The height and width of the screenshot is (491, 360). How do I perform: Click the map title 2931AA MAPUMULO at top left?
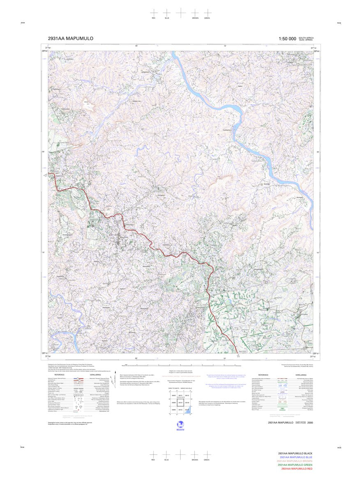click(70, 39)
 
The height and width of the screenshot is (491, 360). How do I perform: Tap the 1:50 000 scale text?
click(287, 39)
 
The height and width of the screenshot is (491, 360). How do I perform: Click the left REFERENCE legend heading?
click(59, 375)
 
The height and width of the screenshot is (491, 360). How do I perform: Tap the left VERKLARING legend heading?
click(95, 375)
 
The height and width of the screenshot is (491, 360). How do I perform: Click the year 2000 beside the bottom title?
click(315, 422)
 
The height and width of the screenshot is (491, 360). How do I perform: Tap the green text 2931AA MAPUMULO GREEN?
click(295, 465)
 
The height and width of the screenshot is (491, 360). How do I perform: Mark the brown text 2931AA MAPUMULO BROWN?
click(295, 461)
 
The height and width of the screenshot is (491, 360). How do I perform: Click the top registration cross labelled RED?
click(154, 12)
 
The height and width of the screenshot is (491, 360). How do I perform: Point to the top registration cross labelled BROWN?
click(194, 12)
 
